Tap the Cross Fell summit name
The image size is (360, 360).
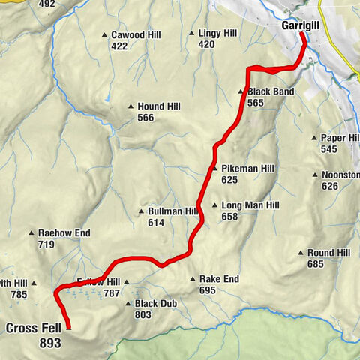click(x=34, y=328)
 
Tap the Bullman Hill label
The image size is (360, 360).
click(x=172, y=212)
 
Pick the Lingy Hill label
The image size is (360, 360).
click(x=217, y=34)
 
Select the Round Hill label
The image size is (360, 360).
click(x=328, y=253)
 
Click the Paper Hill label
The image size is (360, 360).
click(x=340, y=139)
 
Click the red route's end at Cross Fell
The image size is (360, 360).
click(x=68, y=328)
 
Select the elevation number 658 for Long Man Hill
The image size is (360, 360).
click(x=229, y=217)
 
